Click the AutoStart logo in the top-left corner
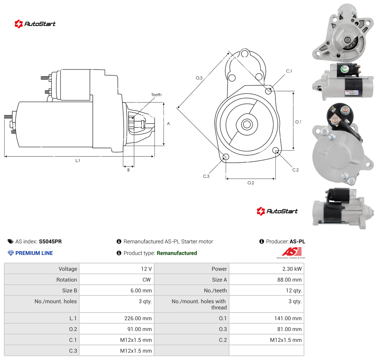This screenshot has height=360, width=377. pyautogui.click(x=35, y=24)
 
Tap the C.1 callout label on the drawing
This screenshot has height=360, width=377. pyautogui.click(x=289, y=71)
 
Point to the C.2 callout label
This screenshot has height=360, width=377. pyautogui.click(x=295, y=170)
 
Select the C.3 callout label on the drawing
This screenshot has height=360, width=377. pyautogui.click(x=206, y=176)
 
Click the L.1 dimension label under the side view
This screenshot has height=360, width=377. pyautogui.click(x=77, y=160)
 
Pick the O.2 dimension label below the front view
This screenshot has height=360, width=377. pyautogui.click(x=251, y=183)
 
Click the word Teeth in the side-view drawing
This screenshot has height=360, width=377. pyautogui.click(x=156, y=95)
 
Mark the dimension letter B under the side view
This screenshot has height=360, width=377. pyautogui.click(x=128, y=170)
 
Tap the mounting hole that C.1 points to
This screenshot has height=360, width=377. pyautogui.click(x=268, y=91)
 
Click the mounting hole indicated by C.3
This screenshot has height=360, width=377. pyautogui.click(x=226, y=157)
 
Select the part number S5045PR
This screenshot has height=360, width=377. pyautogui.click(x=50, y=241)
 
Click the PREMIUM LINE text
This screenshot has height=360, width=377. pyautogui.click(x=34, y=253)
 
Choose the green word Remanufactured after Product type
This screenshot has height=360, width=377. pyautogui.click(x=177, y=253)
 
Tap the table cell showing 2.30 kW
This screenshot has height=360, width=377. pyautogui.click(x=292, y=269)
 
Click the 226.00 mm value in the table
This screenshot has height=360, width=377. pyautogui.click(x=138, y=318)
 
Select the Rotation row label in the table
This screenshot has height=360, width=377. pyautogui.click(x=66, y=280)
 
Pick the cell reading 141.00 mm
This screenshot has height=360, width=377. pyautogui.click(x=288, y=318)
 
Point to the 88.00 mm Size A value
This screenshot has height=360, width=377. pyautogui.click(x=289, y=280)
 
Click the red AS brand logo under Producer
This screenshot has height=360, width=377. pyautogui.click(x=291, y=253)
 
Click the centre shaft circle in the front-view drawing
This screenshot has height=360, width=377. pyautogui.click(x=247, y=124)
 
